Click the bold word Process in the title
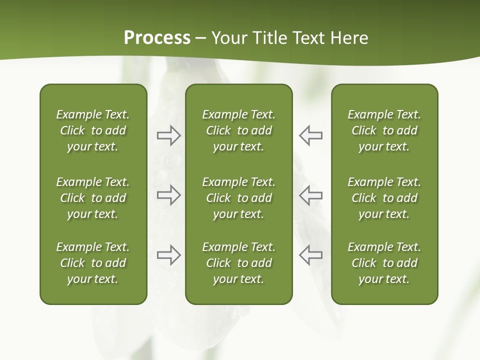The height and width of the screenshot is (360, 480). pyautogui.click(x=157, y=38)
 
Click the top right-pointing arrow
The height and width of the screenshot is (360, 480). pyautogui.click(x=168, y=135)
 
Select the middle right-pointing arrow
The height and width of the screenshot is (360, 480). pyautogui.click(x=168, y=195)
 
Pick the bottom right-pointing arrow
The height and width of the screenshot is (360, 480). pyautogui.click(x=168, y=255)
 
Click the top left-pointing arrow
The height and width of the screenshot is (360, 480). pyautogui.click(x=310, y=135)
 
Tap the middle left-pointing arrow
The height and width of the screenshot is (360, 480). pyautogui.click(x=310, y=195)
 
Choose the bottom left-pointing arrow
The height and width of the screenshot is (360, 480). pyautogui.click(x=310, y=255)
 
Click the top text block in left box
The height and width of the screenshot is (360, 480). pyautogui.click(x=93, y=130)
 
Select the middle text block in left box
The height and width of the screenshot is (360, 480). pyautogui.click(x=93, y=198)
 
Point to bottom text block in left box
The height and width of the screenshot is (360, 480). pyautogui.click(x=93, y=263)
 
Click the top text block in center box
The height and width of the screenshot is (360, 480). pyautogui.click(x=238, y=130)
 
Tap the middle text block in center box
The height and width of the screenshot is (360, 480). pyautogui.click(x=238, y=198)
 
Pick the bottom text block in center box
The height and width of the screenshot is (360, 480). pyautogui.click(x=238, y=263)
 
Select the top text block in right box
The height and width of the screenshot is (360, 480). pyautogui.click(x=384, y=130)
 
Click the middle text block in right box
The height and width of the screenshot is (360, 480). pyautogui.click(x=384, y=198)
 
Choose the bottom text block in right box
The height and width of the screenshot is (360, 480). pyautogui.click(x=384, y=263)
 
